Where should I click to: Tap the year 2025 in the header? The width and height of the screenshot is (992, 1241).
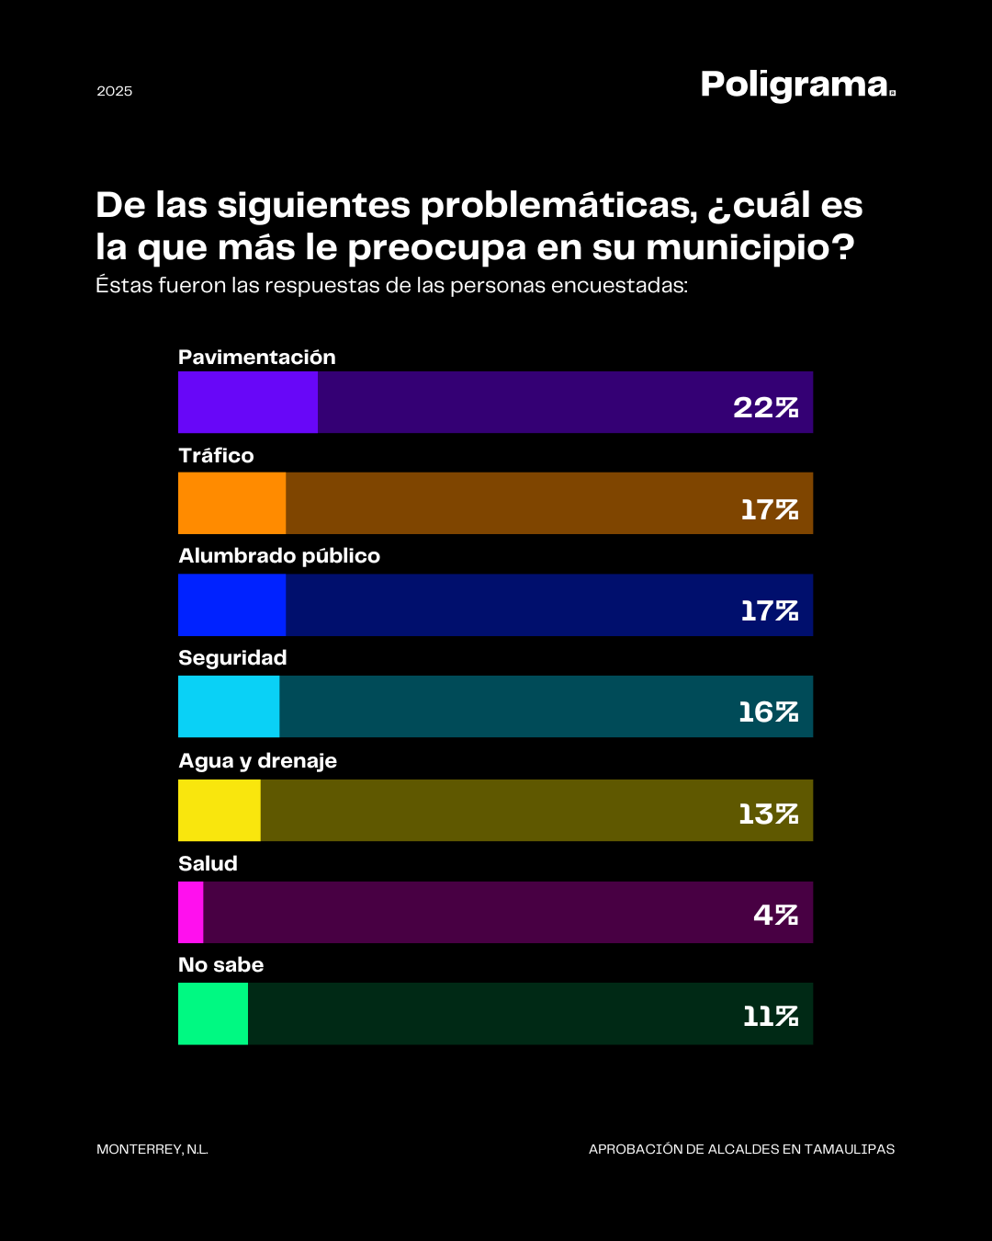click(115, 91)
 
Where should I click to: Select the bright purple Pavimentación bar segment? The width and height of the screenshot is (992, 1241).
click(247, 403)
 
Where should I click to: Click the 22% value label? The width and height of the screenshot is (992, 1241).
click(765, 407)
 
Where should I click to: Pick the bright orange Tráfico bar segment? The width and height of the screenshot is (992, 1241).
click(231, 503)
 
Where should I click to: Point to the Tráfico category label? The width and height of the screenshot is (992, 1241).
click(216, 456)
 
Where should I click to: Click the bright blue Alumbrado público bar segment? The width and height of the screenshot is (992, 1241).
click(231, 605)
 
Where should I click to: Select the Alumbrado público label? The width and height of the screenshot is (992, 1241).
click(279, 556)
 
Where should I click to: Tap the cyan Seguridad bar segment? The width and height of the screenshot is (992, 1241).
click(229, 706)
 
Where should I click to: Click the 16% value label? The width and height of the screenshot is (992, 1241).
click(768, 712)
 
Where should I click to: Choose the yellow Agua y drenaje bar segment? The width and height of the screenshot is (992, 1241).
click(219, 810)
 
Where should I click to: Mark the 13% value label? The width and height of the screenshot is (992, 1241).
click(768, 814)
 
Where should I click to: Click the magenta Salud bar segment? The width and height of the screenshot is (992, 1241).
click(190, 912)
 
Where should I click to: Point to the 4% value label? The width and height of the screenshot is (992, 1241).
click(775, 915)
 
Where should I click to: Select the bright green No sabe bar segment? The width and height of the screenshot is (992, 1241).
click(213, 1013)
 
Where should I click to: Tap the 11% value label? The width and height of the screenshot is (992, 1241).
click(771, 1016)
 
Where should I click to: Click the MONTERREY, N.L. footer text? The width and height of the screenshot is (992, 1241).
click(152, 1149)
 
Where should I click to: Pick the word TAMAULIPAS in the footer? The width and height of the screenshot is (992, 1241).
click(850, 1149)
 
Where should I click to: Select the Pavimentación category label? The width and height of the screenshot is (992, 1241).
click(257, 358)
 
